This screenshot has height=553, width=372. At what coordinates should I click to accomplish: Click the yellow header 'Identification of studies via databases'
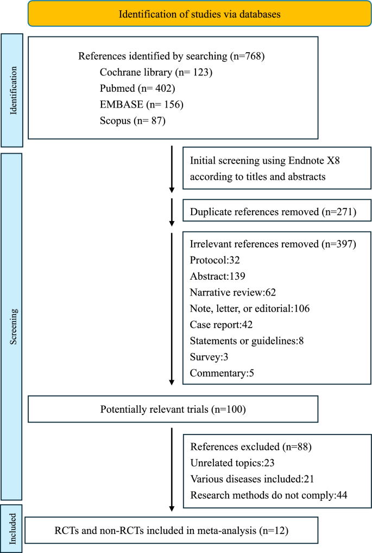(200, 14)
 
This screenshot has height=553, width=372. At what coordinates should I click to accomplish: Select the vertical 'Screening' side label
(14, 325)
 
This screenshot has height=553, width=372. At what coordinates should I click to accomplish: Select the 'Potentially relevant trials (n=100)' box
(173, 409)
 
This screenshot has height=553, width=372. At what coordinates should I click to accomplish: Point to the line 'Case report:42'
(222, 325)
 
